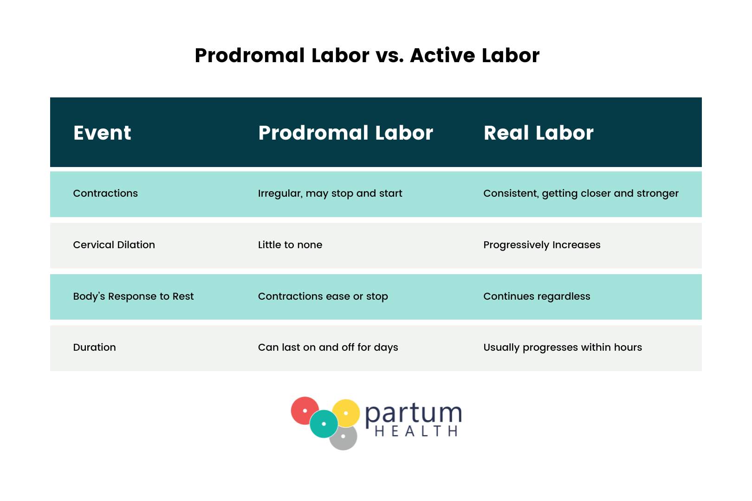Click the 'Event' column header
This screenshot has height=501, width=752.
coord(102,133)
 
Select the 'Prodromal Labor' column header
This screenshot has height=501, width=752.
coord(345,133)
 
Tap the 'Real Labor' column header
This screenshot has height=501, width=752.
coord(538,133)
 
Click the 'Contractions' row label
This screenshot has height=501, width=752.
coord(105,193)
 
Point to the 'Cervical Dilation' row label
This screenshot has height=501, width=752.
coord(114,245)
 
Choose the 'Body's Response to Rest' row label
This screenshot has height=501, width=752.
coord(133,296)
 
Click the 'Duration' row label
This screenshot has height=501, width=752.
coord(94,347)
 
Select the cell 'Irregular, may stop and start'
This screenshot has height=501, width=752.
coord(330,193)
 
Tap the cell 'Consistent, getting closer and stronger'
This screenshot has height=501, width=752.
coord(581,193)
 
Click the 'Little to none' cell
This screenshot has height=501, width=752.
coord(290,245)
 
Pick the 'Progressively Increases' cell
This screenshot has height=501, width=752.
coord(542,245)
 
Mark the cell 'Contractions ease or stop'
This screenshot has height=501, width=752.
coord(323,296)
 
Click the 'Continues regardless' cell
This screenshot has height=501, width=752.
coord(537,296)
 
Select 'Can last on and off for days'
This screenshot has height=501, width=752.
coord(328,347)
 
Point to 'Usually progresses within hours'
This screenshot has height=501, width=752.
coord(563,347)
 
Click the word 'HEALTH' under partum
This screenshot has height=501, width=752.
coord(416,431)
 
